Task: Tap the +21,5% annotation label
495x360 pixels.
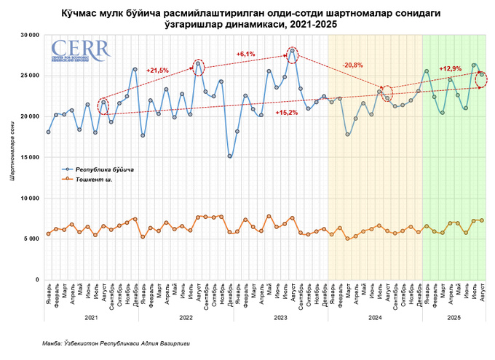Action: click(158, 71)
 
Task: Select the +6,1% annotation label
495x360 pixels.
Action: click(246, 54)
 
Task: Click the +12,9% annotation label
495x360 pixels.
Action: click(449, 68)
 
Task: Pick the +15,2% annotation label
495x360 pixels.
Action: click(286, 113)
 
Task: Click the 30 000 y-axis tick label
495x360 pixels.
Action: click(29, 35)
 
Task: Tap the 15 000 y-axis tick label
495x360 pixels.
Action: click(29, 157)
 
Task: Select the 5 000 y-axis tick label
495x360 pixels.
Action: click(31, 239)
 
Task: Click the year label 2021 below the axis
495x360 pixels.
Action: click(91, 318)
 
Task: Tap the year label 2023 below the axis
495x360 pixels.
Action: click(280, 318)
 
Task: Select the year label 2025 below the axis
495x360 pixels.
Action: click(454, 318)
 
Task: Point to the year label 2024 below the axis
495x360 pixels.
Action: click(375, 318)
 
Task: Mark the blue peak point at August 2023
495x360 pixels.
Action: click(292, 50)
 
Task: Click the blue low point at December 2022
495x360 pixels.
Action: click(230, 156)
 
